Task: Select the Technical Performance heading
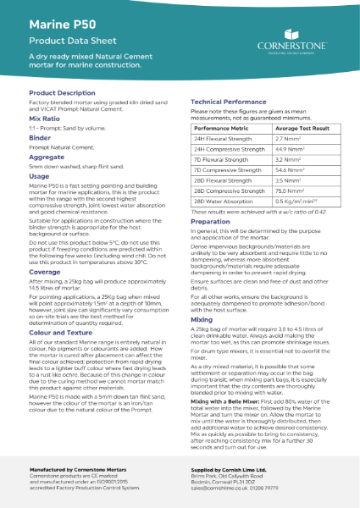click(x=229, y=101)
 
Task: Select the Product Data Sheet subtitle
click(x=69, y=40)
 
